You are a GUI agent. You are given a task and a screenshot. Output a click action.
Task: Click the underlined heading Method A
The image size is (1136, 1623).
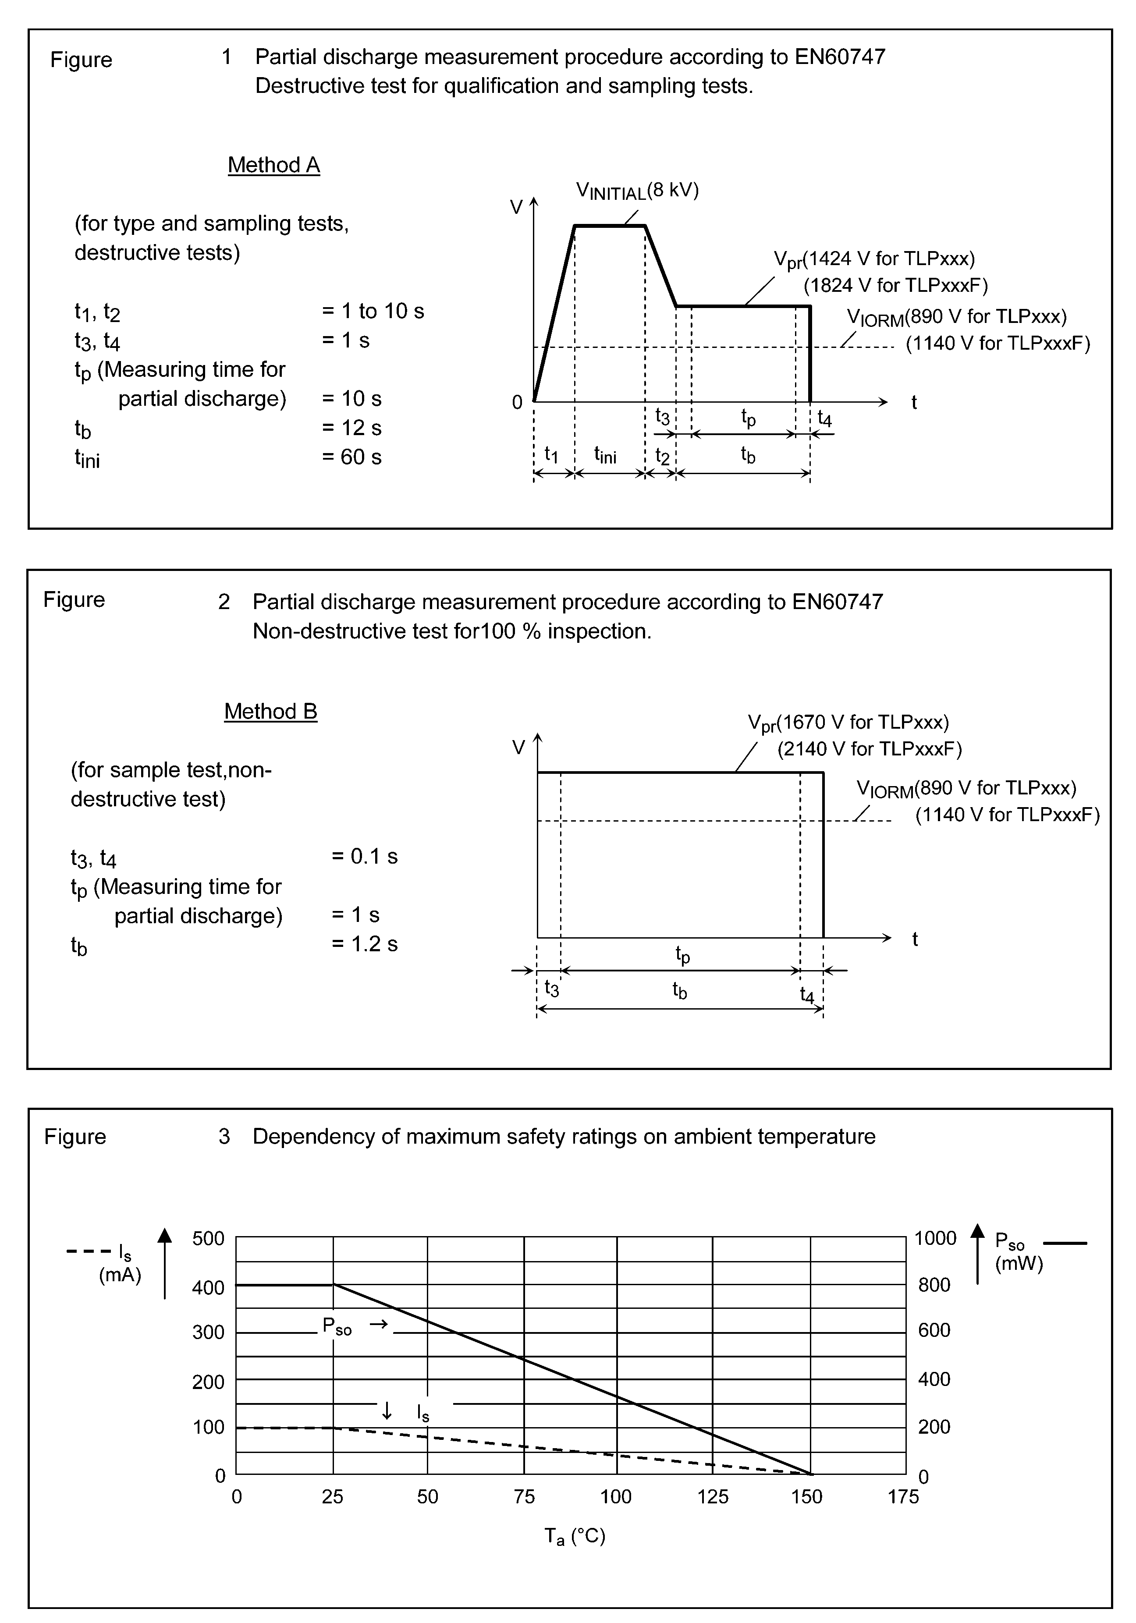[x=273, y=165]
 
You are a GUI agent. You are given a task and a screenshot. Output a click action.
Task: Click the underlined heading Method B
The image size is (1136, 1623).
[x=271, y=711]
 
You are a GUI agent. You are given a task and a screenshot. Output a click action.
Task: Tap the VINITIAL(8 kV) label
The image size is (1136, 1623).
[x=637, y=191]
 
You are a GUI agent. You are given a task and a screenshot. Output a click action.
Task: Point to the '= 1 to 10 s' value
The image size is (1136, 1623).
[x=373, y=311]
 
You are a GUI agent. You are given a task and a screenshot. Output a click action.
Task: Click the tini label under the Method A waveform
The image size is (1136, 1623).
[x=605, y=455]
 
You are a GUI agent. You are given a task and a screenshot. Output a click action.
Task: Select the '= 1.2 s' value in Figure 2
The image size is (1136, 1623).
[x=365, y=944]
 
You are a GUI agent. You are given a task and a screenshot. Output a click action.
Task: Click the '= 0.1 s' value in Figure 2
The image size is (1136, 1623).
[x=365, y=856]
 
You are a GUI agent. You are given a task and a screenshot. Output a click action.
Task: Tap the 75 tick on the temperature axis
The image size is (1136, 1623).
[x=524, y=1496]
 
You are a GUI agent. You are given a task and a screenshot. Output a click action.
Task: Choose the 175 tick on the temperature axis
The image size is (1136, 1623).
[x=903, y=1496]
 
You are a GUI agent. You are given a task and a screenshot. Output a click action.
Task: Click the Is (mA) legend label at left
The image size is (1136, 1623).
[x=120, y=1265]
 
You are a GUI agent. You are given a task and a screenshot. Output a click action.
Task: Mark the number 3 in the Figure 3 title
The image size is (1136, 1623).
[x=224, y=1137]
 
